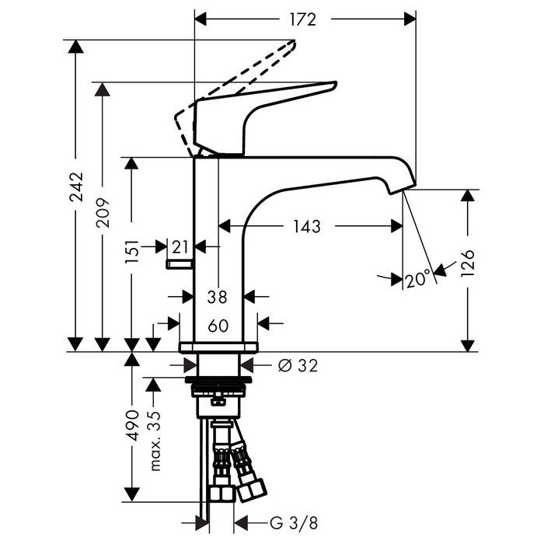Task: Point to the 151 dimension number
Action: tap(132, 253)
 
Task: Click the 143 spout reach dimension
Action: tap(308, 226)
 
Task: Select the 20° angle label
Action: tap(417, 279)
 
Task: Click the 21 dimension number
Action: tap(180, 247)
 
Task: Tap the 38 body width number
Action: tap(218, 296)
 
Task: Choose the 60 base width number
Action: tap(218, 326)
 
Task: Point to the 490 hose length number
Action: tap(132, 426)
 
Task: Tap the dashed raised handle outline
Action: tap(249, 70)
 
